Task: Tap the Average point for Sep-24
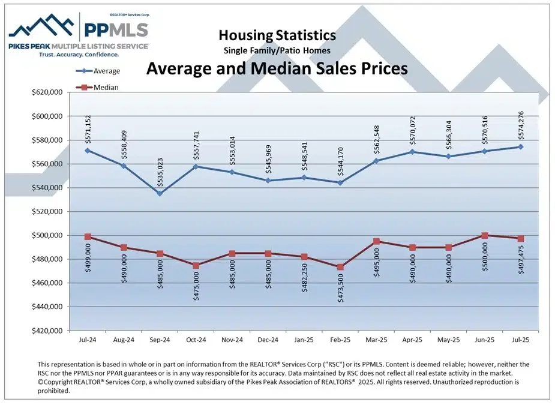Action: pyautogui.click(x=160, y=193)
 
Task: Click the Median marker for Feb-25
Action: pyautogui.click(x=340, y=267)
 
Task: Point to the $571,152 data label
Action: pyautogui.click(x=88, y=128)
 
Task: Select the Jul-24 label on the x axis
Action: pyautogui.click(x=88, y=339)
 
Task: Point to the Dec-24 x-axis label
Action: pyautogui.click(x=268, y=339)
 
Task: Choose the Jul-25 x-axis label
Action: pyautogui.click(x=520, y=339)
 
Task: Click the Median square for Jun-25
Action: pyautogui.click(x=484, y=235)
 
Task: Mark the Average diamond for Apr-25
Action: pyautogui.click(x=412, y=152)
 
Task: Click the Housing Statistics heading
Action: pyautogui.click(x=277, y=36)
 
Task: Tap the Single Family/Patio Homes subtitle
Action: pyautogui.click(x=277, y=50)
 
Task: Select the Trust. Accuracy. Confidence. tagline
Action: pyautogui.click(x=79, y=54)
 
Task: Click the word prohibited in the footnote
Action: pyautogui.click(x=54, y=391)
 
